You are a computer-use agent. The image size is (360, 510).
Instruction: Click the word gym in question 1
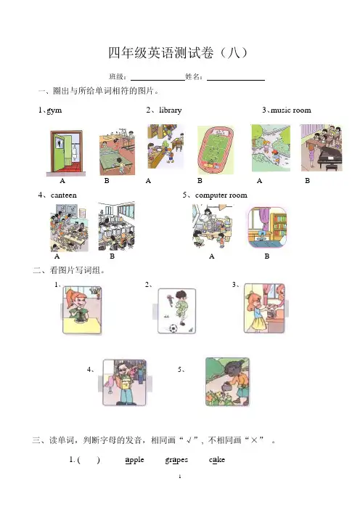[x=54, y=110]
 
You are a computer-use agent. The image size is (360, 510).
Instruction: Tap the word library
[x=171, y=110]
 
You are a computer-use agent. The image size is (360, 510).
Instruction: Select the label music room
[x=291, y=110]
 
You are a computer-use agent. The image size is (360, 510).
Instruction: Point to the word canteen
[x=64, y=195]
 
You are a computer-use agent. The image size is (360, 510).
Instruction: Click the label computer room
[x=221, y=195]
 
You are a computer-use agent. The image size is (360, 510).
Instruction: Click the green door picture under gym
[x=66, y=153]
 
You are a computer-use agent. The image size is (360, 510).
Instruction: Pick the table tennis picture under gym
[x=117, y=153]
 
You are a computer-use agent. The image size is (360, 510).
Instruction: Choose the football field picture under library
[x=216, y=150]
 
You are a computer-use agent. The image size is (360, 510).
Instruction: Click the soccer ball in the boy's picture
[x=173, y=328]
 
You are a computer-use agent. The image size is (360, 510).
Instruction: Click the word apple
[x=134, y=460]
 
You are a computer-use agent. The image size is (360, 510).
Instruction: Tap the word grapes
[x=176, y=461]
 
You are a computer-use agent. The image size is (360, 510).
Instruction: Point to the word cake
[x=217, y=460]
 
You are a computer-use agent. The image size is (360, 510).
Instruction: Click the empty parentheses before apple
[x=89, y=460]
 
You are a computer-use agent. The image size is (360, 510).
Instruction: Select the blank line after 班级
[x=157, y=80]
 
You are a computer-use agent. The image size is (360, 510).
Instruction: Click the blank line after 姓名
[x=236, y=80]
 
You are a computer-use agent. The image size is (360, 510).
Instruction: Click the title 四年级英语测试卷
[x=161, y=53]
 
